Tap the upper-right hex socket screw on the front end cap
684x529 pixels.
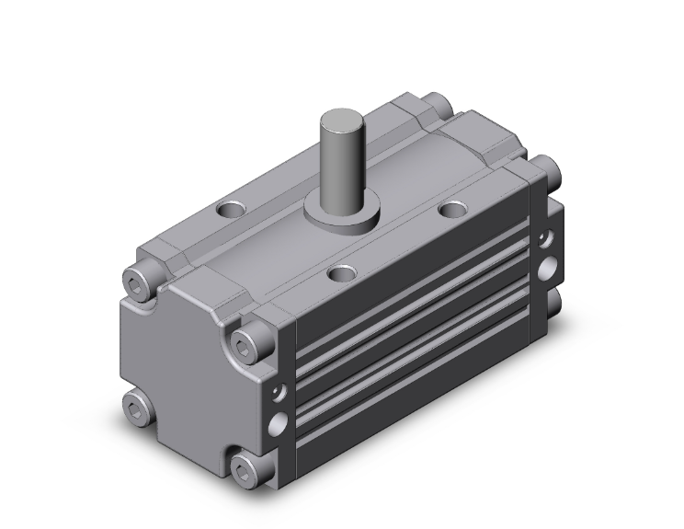click(x=248, y=343)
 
